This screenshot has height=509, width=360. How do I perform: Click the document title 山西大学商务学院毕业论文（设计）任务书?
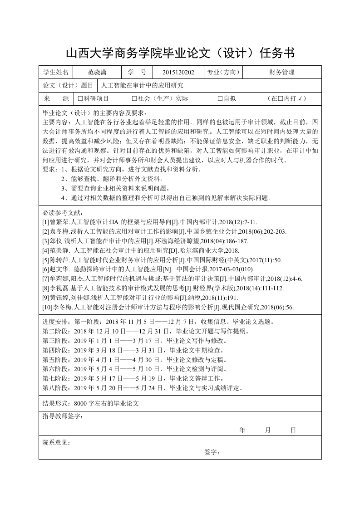pyautogui.click(x=180, y=53)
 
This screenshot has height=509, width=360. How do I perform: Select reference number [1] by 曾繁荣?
pyautogui.click(x=46, y=222)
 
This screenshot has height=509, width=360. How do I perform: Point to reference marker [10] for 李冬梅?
pyautogui.click(x=47, y=307)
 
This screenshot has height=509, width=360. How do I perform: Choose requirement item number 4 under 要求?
pyautogui.click(x=64, y=198)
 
